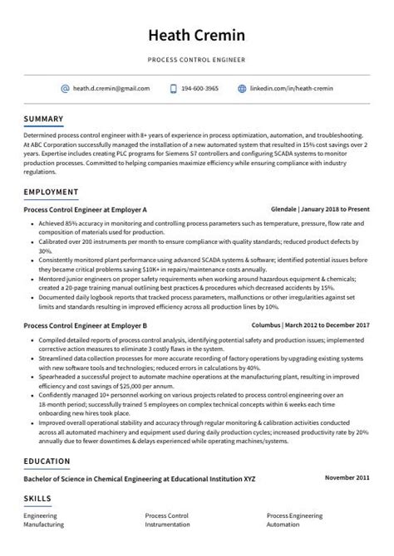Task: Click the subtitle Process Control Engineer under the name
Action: pos(196,61)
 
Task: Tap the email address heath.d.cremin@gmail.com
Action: pos(111,88)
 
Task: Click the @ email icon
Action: pos(65,88)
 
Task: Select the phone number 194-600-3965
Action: pos(200,88)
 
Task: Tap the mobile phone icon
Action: pos(173,88)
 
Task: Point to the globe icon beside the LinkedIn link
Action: pos(242,88)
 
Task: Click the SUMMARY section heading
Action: pos(43,119)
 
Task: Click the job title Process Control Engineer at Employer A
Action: pos(86,209)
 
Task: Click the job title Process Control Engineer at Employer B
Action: pos(86,326)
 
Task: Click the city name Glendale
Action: pos(284,209)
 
